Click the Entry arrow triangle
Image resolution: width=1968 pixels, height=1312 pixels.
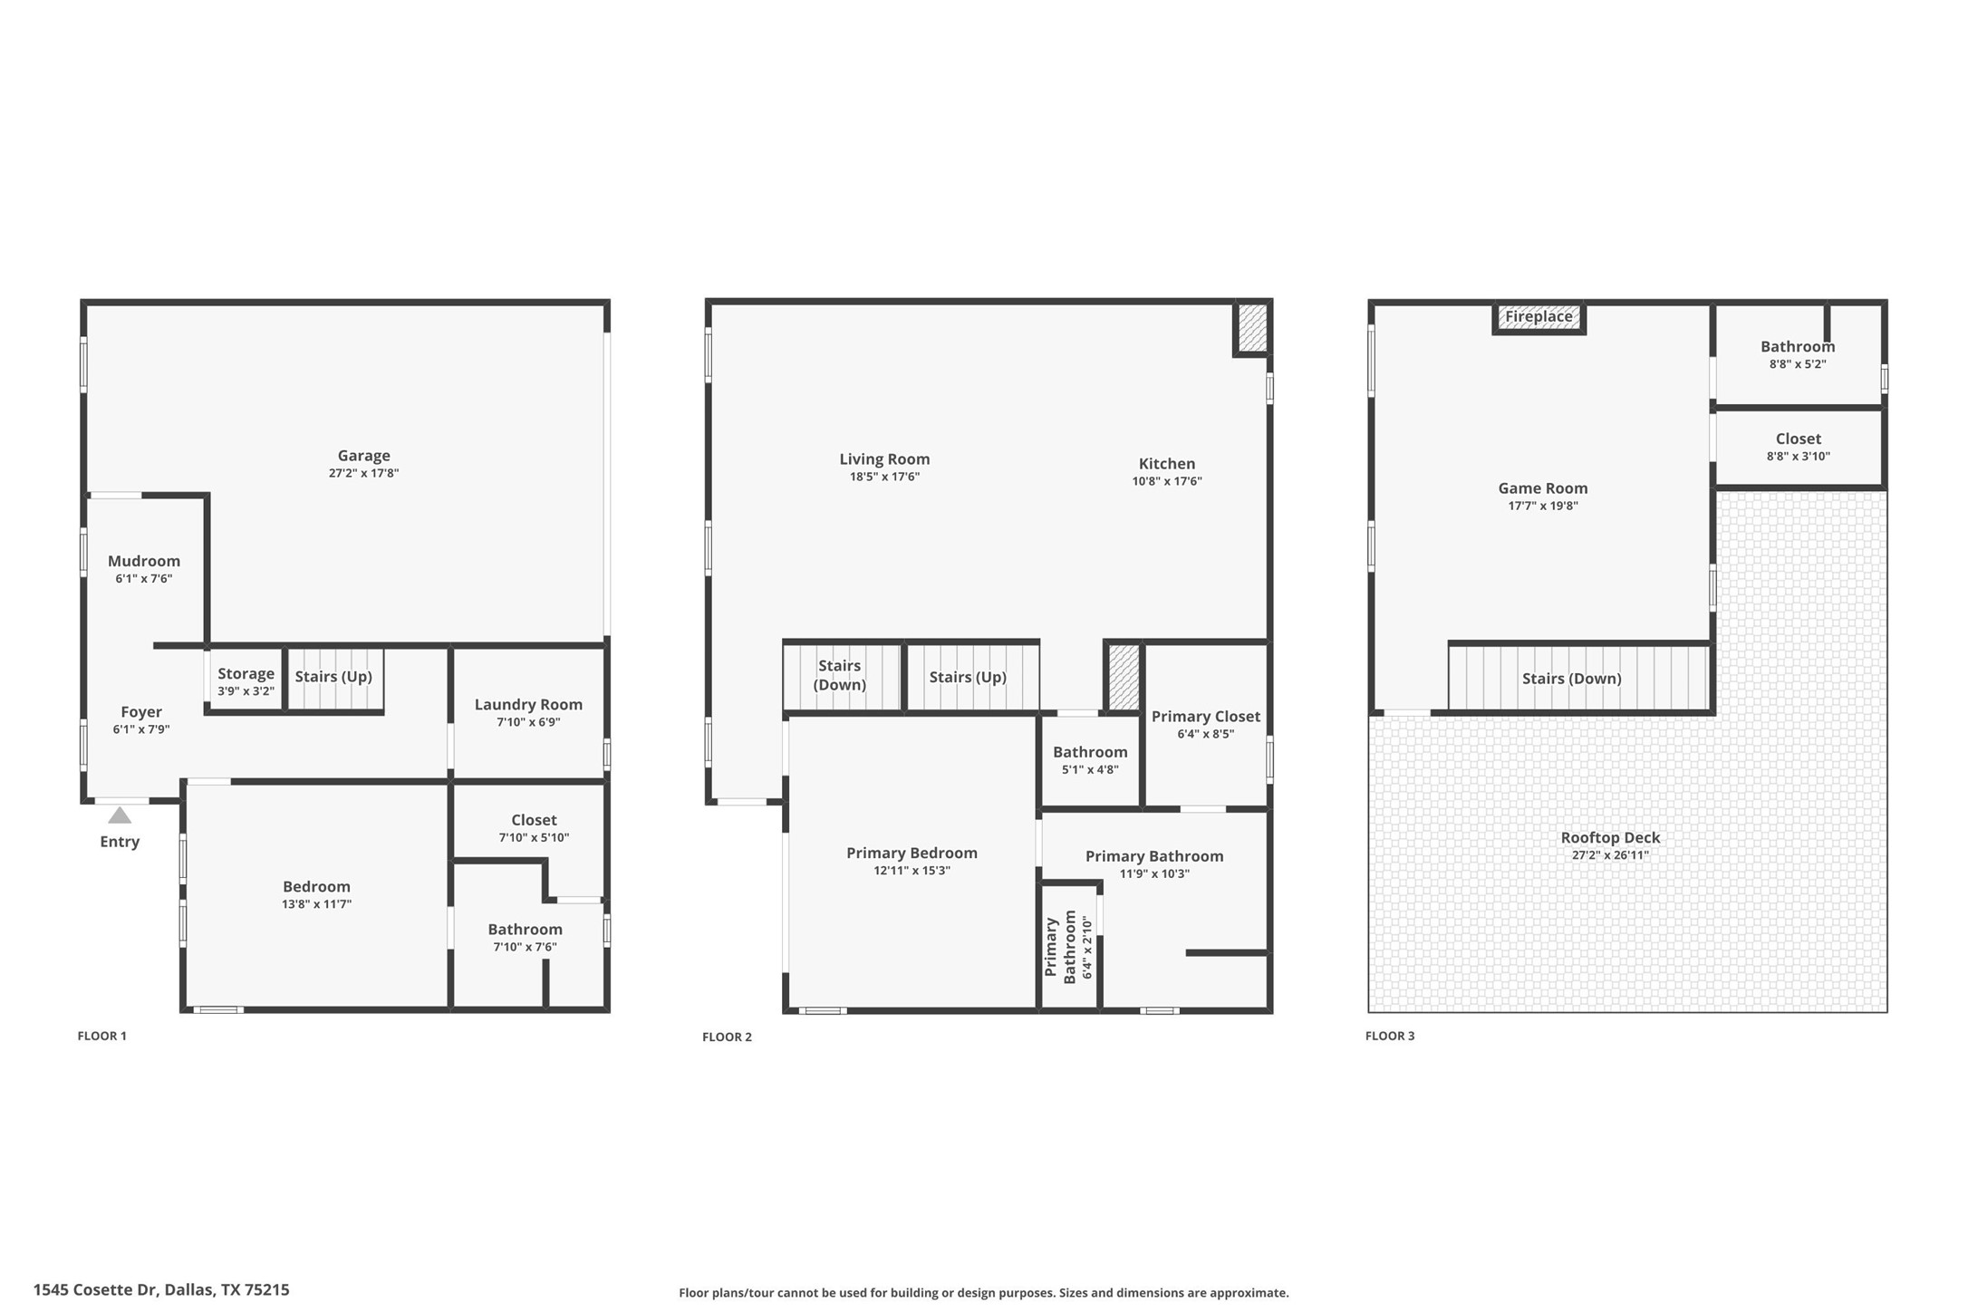(120, 815)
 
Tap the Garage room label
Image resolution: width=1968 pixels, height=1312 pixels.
(363, 456)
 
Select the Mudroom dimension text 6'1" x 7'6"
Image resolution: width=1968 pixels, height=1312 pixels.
(143, 578)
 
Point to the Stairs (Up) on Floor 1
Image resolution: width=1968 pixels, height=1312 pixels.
(333, 677)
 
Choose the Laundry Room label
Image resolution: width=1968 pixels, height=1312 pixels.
(528, 705)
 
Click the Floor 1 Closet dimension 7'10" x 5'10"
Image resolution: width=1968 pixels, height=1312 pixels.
(534, 837)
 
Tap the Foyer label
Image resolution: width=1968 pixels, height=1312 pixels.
(141, 712)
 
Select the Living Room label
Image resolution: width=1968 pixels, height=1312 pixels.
(884, 459)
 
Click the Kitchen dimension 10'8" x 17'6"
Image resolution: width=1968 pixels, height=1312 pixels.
(1166, 481)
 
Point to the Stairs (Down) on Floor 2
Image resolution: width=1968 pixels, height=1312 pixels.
(839, 675)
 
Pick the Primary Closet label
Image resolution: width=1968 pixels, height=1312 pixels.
(1205, 717)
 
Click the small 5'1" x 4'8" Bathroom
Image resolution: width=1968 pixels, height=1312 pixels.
(1090, 760)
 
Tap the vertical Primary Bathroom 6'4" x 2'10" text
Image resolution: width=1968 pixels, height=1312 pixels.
(1070, 947)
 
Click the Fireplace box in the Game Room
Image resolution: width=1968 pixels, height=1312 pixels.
(1539, 317)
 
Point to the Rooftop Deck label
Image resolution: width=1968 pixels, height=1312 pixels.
(1610, 838)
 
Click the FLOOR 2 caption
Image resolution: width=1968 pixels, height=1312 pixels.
(727, 1037)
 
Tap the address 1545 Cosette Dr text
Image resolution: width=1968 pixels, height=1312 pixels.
(161, 1289)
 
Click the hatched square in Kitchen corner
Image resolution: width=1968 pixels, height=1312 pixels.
(1252, 328)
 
